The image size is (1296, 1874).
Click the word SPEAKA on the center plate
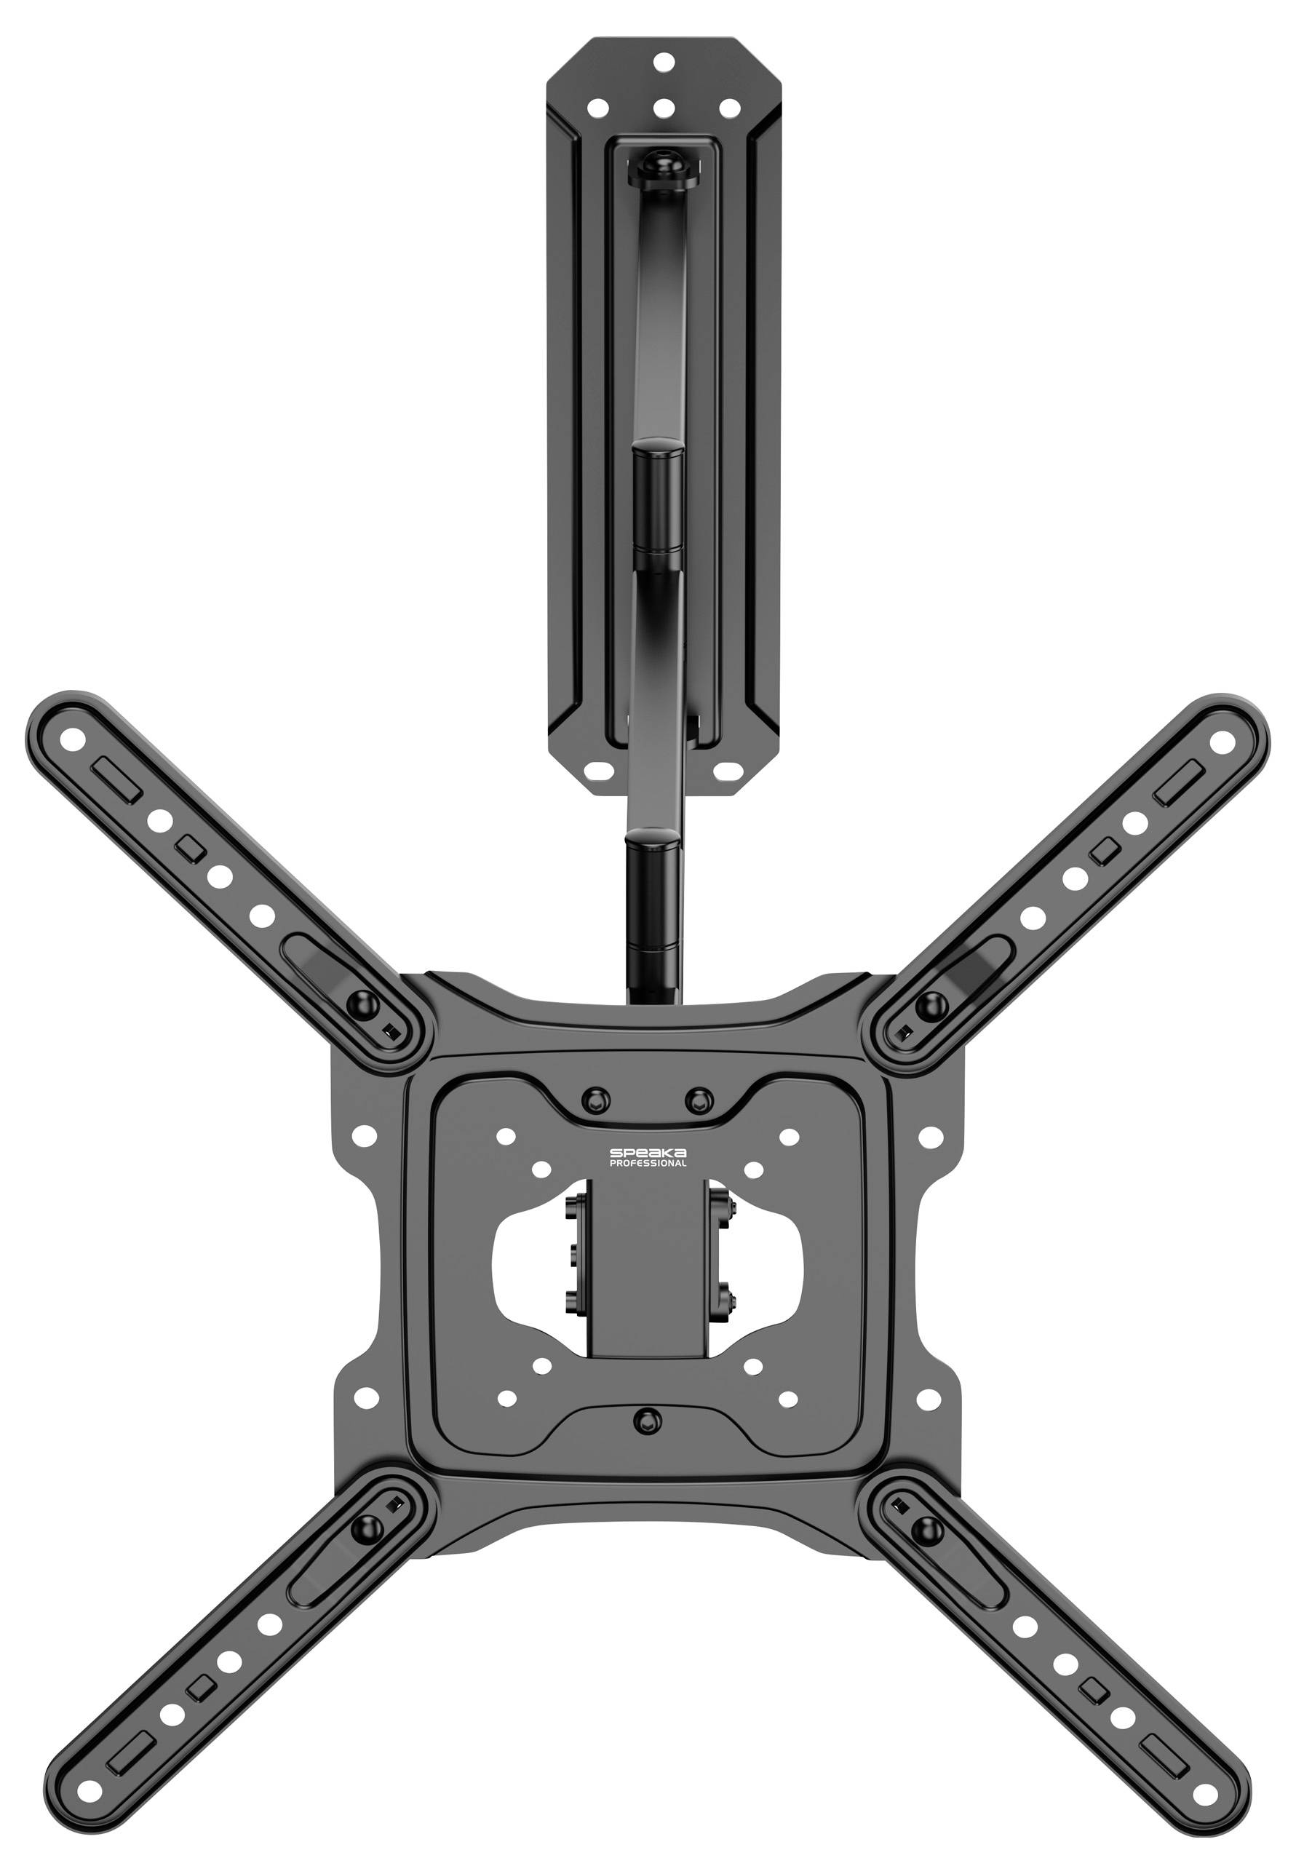(x=648, y=1153)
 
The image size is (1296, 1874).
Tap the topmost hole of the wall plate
(x=664, y=61)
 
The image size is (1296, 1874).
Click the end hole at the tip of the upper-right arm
(x=1220, y=742)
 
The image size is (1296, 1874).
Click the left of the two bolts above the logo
(x=595, y=1100)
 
